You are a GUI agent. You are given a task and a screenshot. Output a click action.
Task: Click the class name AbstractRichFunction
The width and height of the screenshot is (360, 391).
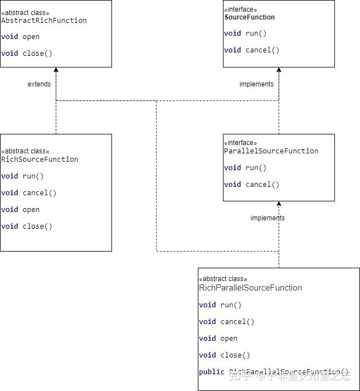point(44,21)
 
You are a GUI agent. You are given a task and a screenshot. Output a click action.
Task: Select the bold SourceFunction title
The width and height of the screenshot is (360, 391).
point(250,17)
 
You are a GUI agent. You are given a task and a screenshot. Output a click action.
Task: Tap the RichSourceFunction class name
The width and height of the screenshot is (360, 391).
point(40,160)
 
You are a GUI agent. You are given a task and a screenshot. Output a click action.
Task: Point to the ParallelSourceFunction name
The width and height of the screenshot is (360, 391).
point(271,151)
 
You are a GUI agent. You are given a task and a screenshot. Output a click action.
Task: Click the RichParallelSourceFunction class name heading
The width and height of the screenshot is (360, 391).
point(250,288)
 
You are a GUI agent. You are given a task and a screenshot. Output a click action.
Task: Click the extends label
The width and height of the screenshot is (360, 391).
point(39,84)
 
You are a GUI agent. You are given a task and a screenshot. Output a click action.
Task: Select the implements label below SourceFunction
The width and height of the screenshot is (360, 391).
point(256,84)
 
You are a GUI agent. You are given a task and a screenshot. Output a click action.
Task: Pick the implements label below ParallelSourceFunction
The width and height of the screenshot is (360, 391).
point(267,218)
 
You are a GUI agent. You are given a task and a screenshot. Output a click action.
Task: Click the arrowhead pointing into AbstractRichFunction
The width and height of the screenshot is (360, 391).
point(56,70)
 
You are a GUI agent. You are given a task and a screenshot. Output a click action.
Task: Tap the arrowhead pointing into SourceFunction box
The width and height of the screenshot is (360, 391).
point(279,70)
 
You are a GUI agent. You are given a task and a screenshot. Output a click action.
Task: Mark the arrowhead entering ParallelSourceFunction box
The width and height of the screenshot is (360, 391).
point(279,204)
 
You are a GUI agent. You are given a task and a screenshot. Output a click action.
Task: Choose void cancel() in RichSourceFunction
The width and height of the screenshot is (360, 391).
point(29,193)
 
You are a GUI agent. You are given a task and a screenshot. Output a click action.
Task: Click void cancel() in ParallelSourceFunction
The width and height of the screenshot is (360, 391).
point(252,185)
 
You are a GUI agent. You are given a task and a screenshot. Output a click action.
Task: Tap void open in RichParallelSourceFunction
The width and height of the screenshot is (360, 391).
point(218,339)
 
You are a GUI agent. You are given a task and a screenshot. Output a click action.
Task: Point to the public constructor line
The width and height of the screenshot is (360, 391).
point(273,372)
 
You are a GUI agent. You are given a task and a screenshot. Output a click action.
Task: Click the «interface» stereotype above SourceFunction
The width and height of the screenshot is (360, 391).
point(241,9)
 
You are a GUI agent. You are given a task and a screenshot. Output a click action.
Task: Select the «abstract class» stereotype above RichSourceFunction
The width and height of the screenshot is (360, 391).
point(25,151)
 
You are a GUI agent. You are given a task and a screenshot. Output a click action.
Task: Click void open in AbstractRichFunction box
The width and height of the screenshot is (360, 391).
point(21,37)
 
